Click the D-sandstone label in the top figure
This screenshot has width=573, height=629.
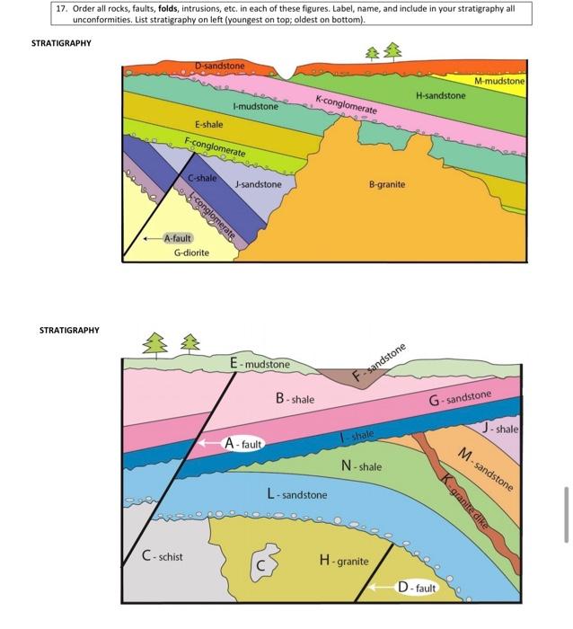219,66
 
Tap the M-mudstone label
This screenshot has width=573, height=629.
499,81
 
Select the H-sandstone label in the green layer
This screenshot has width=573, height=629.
441,94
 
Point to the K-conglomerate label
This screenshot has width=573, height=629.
346,103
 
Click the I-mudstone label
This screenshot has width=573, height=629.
256,107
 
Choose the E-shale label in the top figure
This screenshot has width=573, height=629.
208,124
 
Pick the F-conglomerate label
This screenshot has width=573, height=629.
215,146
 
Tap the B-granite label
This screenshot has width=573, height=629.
387,184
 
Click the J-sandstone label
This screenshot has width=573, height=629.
258,184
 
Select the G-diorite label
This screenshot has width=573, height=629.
191,252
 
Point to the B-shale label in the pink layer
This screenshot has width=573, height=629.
295,398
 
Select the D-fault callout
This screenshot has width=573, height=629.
416,588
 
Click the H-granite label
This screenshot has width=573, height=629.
344,561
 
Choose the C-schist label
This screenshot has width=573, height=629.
163,556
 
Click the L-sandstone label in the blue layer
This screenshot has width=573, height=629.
297,494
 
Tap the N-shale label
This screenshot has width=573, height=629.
362,466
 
